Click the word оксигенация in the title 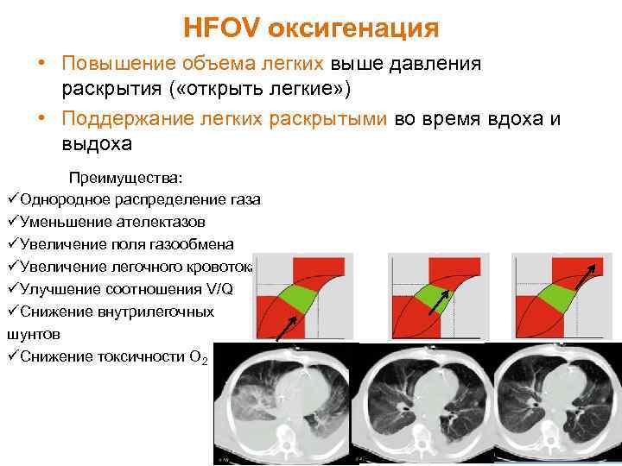point(353,28)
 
